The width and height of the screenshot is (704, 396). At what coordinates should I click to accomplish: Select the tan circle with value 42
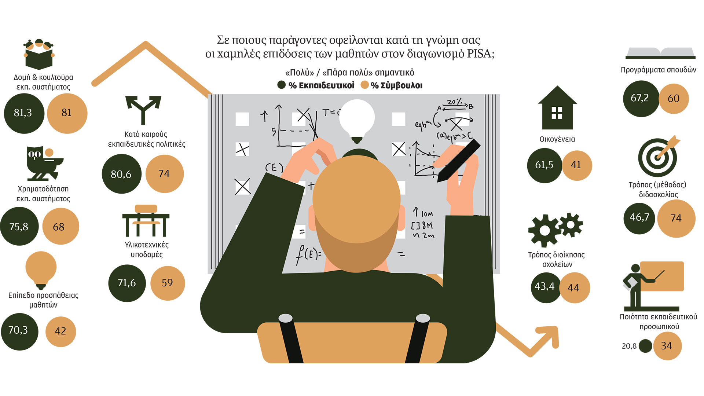61,331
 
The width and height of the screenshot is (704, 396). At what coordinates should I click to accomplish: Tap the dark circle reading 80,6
121,174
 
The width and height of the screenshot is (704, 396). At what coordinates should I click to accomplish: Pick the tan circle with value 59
168,283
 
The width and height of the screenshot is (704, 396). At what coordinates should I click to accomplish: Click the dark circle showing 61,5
544,165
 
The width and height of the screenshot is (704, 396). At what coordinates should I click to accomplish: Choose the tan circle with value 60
674,99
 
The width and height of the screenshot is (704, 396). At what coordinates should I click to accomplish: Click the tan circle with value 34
667,346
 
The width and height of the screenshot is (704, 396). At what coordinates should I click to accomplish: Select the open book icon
660,53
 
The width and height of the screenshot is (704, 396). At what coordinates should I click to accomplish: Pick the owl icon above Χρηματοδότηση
44,163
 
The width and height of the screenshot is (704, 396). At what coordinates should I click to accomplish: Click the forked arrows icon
143,109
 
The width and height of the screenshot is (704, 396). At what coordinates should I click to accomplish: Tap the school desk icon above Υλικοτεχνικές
146,220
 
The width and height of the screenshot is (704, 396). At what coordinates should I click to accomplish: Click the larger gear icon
544,230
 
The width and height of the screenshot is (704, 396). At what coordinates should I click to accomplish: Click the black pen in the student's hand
458,161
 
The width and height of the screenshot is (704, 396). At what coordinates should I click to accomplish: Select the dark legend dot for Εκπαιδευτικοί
281,85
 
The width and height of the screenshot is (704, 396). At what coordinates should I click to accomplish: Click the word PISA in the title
481,54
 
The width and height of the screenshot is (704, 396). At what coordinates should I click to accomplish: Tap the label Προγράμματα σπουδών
659,70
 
